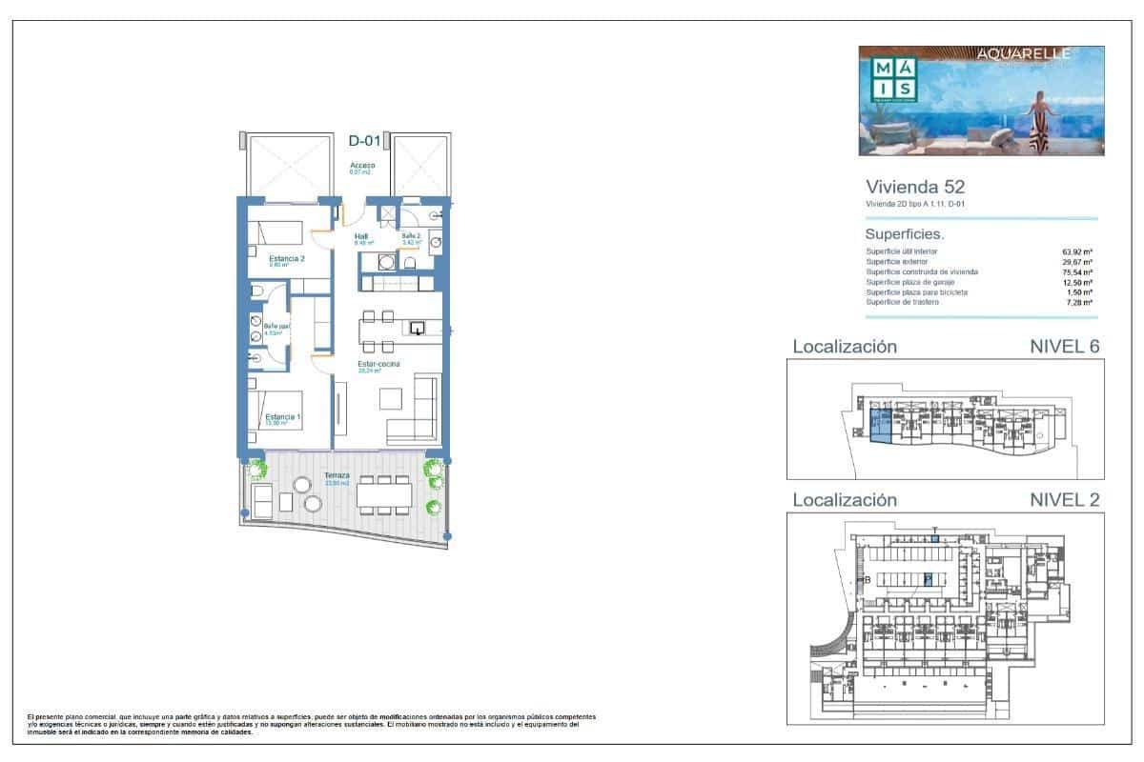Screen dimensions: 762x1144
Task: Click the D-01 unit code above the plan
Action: point(364,141)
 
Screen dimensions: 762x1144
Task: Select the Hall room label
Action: point(361,237)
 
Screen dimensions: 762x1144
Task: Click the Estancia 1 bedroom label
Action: point(283,417)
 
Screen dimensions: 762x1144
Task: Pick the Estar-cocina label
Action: point(379,364)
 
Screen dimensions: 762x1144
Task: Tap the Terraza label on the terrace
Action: point(336,475)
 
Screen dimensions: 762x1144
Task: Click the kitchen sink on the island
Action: point(417,329)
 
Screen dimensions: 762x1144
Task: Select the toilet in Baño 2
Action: point(410,262)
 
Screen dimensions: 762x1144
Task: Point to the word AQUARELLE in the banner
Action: point(1024,54)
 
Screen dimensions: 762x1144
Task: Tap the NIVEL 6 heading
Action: point(1065,347)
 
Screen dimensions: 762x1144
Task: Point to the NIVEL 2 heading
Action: point(1065,500)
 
